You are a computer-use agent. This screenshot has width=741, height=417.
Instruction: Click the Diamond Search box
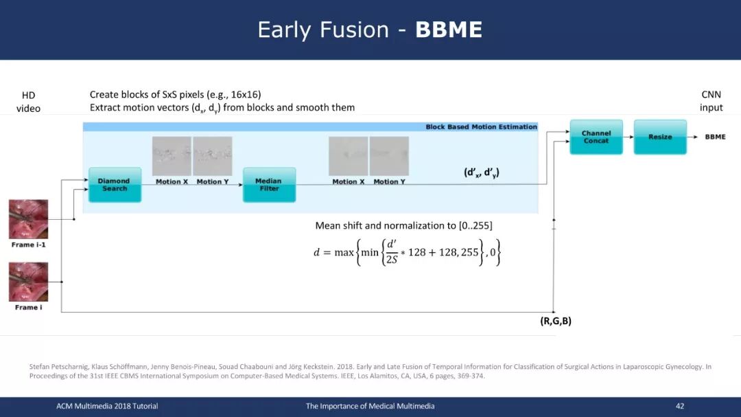point(115,185)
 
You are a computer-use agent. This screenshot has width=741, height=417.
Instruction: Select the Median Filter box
point(270,185)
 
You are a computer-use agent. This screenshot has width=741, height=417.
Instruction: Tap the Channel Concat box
point(596,137)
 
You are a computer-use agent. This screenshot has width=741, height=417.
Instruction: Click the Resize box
point(660,137)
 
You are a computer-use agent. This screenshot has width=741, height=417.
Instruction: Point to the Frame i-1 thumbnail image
point(28,219)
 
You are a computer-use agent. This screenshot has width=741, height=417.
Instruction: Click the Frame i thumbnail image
point(28,282)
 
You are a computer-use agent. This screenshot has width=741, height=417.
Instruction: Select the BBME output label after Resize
point(715,137)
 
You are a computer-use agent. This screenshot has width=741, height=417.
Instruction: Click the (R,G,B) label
point(556,321)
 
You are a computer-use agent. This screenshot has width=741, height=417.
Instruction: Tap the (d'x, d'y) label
point(482,172)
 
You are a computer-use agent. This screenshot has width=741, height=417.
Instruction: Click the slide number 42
point(680,406)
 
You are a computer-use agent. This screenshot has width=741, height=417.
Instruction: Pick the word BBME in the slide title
point(449,30)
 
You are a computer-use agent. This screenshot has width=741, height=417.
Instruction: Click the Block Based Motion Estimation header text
point(481,127)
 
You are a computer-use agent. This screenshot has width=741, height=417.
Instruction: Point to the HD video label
point(28,102)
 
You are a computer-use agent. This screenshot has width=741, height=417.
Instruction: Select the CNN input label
point(711,101)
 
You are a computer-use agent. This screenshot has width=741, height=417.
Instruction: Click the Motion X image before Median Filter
point(172,156)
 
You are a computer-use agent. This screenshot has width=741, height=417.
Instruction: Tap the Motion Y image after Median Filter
point(389,156)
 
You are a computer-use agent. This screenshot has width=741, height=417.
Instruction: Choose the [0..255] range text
point(475,226)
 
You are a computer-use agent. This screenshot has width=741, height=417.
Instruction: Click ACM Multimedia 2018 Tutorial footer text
point(107,406)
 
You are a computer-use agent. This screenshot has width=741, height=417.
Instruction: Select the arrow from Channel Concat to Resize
point(628,137)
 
